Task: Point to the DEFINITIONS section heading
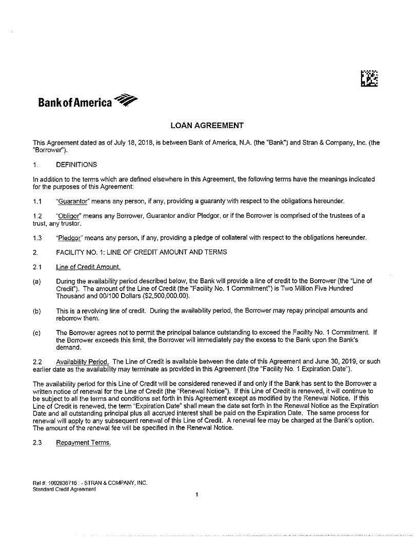(76, 164)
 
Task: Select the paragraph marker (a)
(36, 281)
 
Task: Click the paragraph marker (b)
(36, 311)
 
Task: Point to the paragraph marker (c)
(36, 333)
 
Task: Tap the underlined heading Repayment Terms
(83, 443)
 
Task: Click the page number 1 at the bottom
(196, 494)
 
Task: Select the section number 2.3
(37, 443)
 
